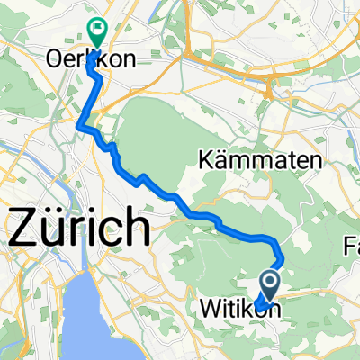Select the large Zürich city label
tap(79, 227)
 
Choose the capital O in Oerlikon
tap(53, 59)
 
